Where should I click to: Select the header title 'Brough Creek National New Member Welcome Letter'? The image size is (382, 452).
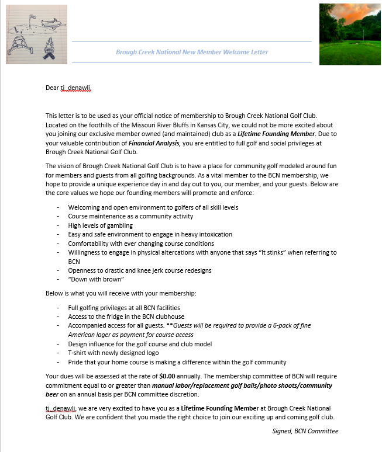click(x=192, y=52)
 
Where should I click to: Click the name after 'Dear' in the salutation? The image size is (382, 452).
click(x=76, y=88)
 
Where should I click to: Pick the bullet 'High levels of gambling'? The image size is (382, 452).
click(x=100, y=225)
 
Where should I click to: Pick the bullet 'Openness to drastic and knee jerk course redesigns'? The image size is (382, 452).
click(x=140, y=270)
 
